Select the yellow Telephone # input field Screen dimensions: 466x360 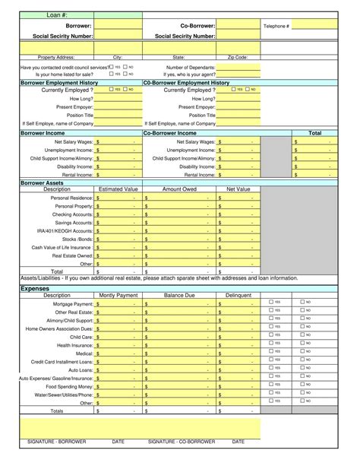[314, 26]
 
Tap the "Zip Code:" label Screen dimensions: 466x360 [238, 57]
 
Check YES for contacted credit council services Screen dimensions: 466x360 [112, 67]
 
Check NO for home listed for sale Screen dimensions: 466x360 [126, 74]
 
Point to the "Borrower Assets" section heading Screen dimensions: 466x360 [42, 182]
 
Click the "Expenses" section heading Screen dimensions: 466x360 [34, 289]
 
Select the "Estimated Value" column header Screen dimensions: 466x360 [118, 189]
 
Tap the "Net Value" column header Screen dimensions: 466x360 [238, 189]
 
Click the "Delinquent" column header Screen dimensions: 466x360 [238, 295]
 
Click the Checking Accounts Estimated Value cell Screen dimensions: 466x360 [118, 215]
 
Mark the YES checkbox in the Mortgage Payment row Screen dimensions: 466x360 [272, 302]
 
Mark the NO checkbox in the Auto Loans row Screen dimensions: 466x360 [303, 369]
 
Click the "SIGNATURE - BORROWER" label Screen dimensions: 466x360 [56, 441]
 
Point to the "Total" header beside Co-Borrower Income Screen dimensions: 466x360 [314, 133]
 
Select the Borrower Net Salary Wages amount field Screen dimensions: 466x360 [118, 141]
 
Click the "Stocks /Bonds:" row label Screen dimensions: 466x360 [77, 239]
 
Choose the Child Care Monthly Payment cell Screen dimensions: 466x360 [118, 336]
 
